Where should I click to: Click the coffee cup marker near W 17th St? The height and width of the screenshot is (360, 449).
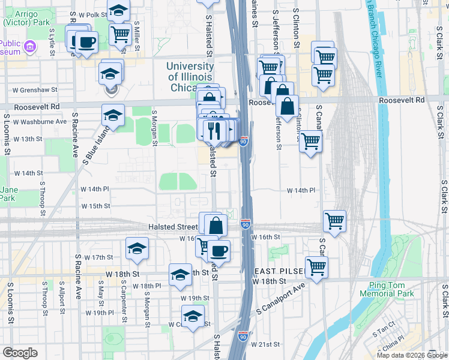point(218,251)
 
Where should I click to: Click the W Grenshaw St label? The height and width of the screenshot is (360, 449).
point(35,90)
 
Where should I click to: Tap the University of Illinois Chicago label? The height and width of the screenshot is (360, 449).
point(190,77)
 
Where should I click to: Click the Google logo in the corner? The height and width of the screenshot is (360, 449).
point(20,353)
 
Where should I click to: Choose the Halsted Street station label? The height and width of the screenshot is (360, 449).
point(173,227)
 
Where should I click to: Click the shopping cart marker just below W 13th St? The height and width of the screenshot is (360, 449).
point(310,142)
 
